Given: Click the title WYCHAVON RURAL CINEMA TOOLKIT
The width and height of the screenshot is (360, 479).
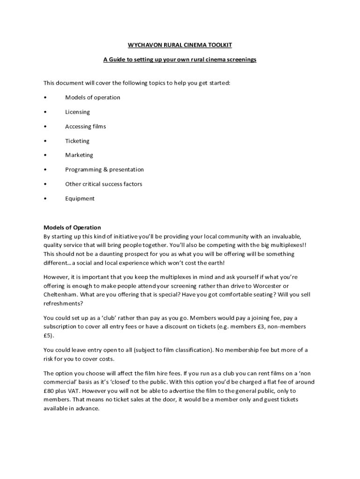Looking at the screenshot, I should pos(180,45).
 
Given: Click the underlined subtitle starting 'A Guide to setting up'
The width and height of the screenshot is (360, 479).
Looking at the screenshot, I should pos(180,60).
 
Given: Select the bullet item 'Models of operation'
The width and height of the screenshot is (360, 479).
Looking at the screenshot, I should pos(93,97).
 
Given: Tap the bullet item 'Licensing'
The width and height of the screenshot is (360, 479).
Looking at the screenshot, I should pos(78,112).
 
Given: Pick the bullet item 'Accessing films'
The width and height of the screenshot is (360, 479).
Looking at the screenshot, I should pos(86,126).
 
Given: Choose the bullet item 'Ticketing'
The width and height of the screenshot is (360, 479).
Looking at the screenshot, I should pos(77,141).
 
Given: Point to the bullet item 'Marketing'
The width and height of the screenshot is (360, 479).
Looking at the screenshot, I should pos(79,155).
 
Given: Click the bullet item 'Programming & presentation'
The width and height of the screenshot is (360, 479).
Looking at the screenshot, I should pos(104,169).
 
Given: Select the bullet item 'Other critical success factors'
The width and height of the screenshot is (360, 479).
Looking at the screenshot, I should pos(103,184).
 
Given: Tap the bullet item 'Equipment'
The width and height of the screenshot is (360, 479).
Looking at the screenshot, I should pos(79,198).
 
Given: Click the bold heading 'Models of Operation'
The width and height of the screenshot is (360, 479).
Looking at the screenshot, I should pos(72,228).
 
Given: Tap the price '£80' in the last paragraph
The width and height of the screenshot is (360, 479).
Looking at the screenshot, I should pos(49,391).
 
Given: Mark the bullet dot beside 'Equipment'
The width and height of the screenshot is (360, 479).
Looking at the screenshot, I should pos(45,198).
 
